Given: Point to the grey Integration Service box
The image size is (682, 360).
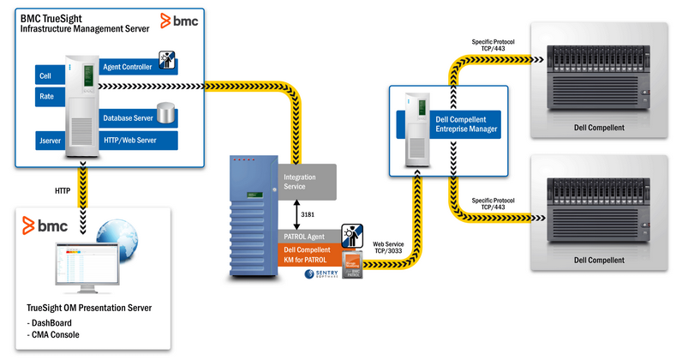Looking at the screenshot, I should click(x=310, y=181).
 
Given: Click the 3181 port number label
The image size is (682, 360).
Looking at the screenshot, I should click(x=319, y=213).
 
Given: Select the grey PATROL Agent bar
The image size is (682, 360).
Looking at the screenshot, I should click(x=310, y=234).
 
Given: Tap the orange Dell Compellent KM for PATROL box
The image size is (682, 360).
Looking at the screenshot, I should click(x=310, y=254).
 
